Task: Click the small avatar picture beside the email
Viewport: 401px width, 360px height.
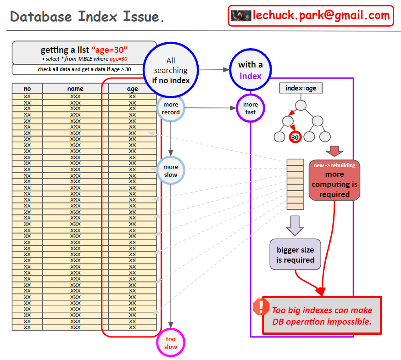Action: [241, 16]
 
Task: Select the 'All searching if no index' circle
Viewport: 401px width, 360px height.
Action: [171, 70]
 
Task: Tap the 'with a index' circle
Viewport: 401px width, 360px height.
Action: [250, 70]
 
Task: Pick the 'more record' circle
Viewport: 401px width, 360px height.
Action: [171, 108]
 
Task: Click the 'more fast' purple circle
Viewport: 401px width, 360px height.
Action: [251, 108]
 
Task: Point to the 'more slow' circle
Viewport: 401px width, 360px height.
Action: [171, 170]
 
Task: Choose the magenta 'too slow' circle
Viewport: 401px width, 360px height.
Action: [171, 343]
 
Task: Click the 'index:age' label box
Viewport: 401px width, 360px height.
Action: [301, 88]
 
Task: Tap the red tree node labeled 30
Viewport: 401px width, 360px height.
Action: [295, 137]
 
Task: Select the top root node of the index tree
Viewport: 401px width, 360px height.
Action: [301, 105]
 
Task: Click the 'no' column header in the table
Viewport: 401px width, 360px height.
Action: [27, 89]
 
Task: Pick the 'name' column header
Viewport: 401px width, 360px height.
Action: [75, 89]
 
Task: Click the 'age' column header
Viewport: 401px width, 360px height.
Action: [132, 89]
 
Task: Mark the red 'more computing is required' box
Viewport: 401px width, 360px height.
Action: [334, 180]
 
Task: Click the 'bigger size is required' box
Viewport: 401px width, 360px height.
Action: [295, 254]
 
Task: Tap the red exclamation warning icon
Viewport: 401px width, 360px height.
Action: [261, 307]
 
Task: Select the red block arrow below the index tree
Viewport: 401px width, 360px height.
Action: [334, 151]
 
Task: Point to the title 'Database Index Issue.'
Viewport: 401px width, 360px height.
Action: [88, 17]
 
